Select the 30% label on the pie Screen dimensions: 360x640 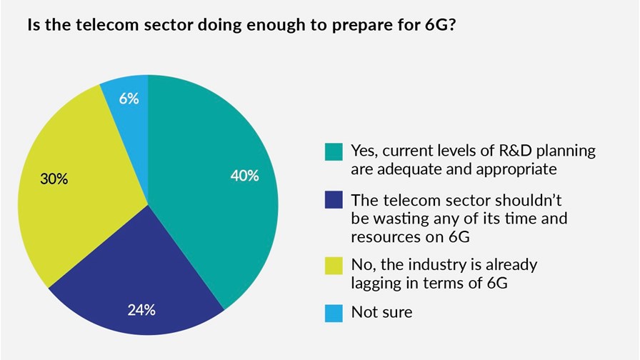tap(54, 179)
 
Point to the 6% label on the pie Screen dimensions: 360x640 tap(129, 98)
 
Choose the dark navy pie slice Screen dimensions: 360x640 tap(143, 279)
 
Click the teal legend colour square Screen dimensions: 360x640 tap(332, 151)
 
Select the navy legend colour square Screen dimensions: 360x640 tap(332, 199)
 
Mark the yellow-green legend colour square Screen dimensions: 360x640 tap(332, 265)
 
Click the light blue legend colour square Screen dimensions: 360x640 tap(332, 312)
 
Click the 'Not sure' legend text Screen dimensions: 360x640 tap(381, 312)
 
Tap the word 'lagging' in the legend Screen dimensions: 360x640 tap(376, 284)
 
